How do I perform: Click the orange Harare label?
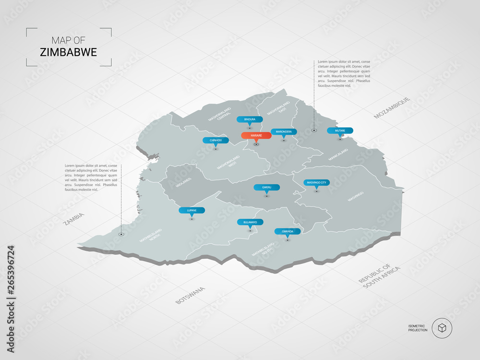(256, 136)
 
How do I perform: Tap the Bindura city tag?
(250, 119)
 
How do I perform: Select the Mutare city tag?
(340, 131)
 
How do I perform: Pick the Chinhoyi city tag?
(216, 140)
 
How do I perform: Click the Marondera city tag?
(284, 132)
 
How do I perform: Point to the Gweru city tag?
(267, 187)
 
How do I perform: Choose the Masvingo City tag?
(316, 182)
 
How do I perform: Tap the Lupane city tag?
(192, 210)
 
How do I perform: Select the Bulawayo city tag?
(250, 222)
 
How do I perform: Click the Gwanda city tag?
(288, 231)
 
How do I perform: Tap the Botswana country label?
(190, 295)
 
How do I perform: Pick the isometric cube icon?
(442, 328)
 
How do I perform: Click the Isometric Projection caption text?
(418, 328)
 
